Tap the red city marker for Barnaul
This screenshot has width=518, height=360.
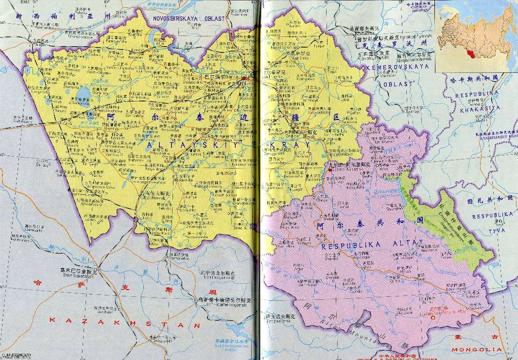tap(244, 78)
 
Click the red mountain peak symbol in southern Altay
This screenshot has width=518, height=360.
tap(432, 311)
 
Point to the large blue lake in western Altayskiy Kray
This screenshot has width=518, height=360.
tap(82, 92)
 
